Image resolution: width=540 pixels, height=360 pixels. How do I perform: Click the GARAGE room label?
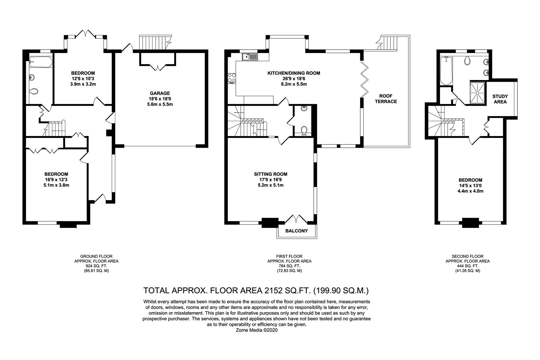[160, 93]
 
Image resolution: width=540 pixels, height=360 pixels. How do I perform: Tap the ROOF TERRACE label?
[386, 99]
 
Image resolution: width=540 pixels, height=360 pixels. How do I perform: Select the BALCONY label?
[297, 231]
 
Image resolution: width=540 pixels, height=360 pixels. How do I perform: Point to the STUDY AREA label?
[500, 99]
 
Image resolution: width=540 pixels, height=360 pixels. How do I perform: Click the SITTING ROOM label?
[270, 174]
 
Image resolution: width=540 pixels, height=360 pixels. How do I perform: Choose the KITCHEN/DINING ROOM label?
[294, 73]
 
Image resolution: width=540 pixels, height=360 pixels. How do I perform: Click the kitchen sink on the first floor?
[250, 57]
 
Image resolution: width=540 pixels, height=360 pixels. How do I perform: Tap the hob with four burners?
[232, 79]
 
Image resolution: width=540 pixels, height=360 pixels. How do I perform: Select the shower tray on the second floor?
[478, 93]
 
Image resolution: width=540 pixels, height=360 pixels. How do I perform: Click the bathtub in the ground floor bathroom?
[41, 62]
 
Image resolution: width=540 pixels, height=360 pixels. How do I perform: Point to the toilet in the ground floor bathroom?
[34, 91]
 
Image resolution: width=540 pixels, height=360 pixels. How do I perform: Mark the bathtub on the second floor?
[446, 71]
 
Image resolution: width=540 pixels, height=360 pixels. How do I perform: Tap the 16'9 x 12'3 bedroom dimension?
[56, 180]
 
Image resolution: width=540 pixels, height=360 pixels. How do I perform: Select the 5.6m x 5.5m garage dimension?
[160, 104]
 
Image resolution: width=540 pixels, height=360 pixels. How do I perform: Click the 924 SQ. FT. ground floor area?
[96, 266]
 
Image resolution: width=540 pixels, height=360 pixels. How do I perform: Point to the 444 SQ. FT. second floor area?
[468, 266]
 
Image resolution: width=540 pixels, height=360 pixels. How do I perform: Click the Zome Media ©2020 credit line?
[257, 330]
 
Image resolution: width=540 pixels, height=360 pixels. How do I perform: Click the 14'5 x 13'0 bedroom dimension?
[470, 186]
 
